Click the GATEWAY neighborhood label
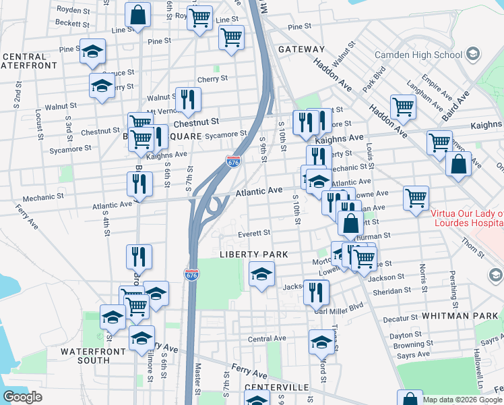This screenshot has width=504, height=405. (301, 49)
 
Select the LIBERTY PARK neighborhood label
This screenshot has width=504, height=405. (254, 254)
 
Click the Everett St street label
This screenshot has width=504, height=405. (254, 233)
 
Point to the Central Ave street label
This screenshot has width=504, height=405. (267, 338)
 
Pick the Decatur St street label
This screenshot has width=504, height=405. (401, 318)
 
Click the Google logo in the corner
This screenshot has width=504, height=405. (22, 397)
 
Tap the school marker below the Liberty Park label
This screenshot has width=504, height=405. (261, 274)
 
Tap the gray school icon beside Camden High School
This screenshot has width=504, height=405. (473, 53)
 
